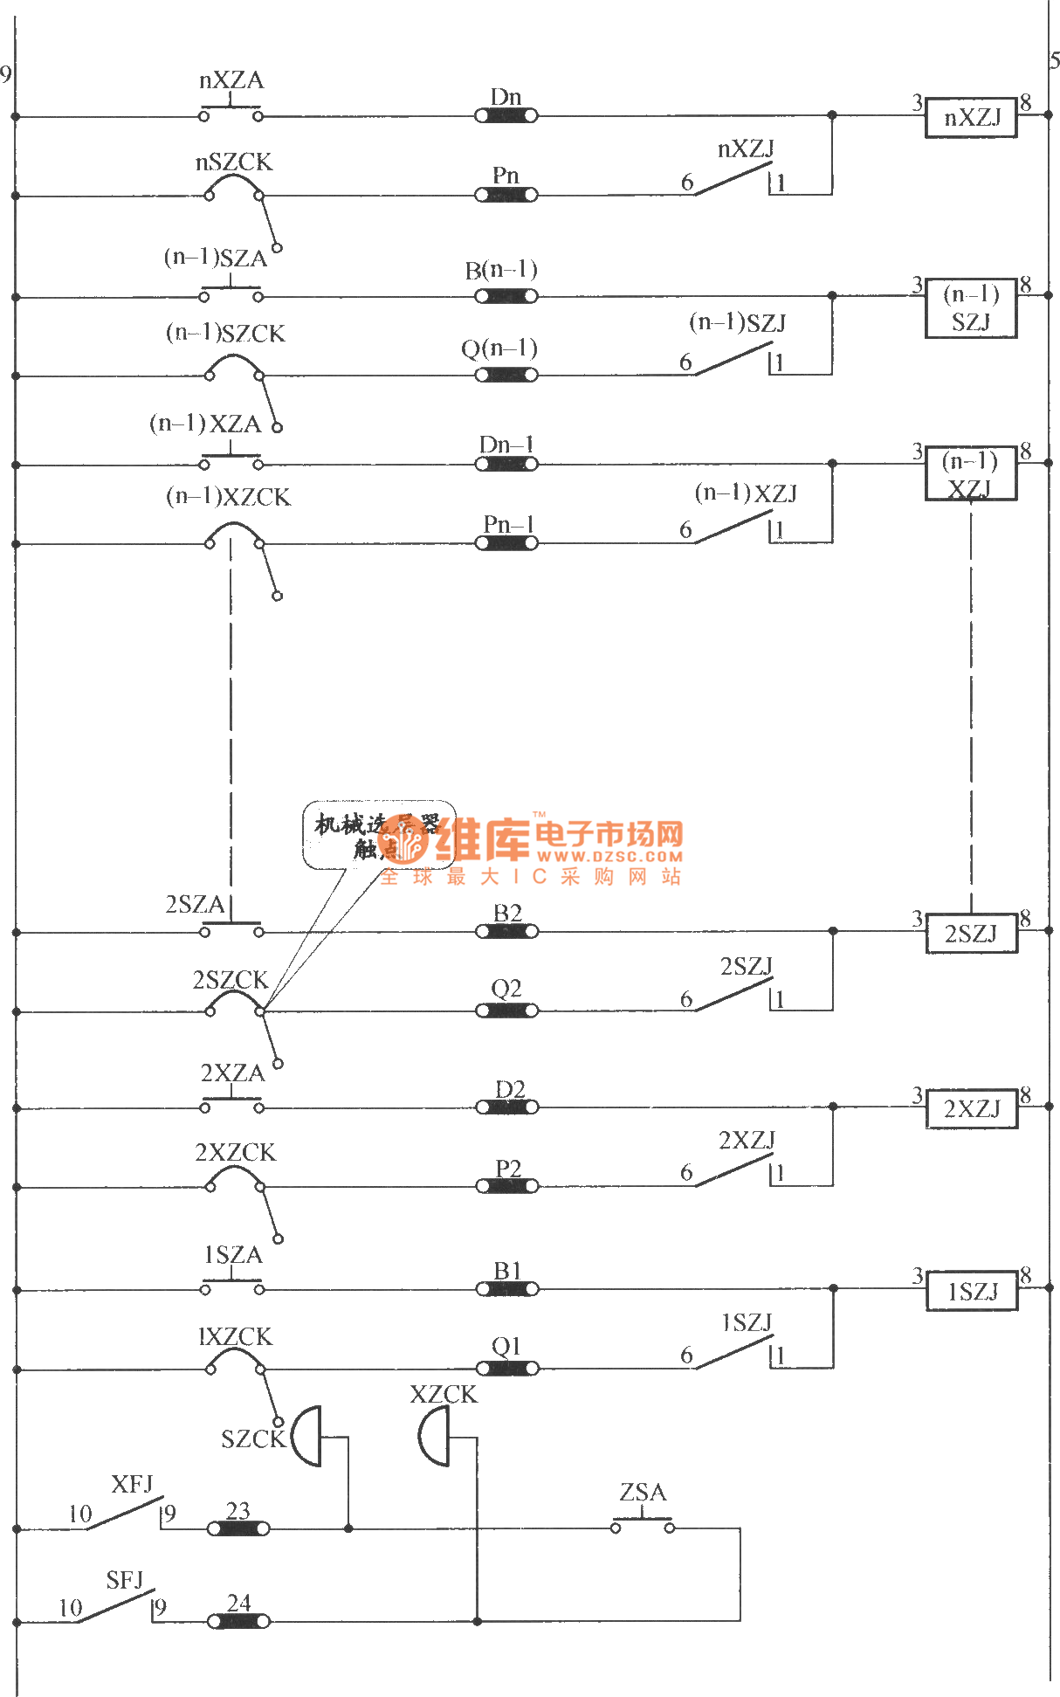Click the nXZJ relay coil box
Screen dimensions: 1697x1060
(971, 117)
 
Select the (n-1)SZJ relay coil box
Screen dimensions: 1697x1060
(971, 308)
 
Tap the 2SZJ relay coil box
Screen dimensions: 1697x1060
(971, 934)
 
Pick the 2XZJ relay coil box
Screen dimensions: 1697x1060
(971, 1109)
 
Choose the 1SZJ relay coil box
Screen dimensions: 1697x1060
(971, 1291)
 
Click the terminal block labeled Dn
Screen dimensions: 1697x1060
(506, 115)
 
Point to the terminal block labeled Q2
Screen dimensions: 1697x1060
(506, 1011)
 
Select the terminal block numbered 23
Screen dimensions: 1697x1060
(237, 1528)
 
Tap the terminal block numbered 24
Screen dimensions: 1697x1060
(238, 1621)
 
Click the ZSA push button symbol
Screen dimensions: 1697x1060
(643, 1525)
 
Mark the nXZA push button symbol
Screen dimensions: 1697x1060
(231, 113)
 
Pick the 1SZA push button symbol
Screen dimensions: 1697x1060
(231, 1286)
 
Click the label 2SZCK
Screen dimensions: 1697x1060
(230, 980)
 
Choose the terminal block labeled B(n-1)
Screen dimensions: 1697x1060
(506, 296)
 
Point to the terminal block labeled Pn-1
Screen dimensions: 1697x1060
(506, 543)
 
